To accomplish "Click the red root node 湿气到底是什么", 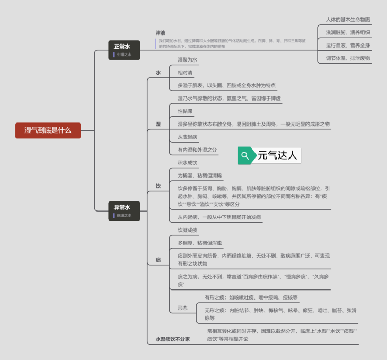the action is pyautogui.click(x=48, y=130).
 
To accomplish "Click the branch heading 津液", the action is pyautogui.click(x=161, y=33).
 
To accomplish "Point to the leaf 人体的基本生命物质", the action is pyautogui.click(x=348, y=20).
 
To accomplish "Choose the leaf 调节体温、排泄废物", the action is pyautogui.click(x=348, y=58).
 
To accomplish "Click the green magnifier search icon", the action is pyautogui.click(x=245, y=155).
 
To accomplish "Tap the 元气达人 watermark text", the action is pyautogui.click(x=278, y=155).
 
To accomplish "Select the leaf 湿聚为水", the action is pyautogui.click(x=187, y=60).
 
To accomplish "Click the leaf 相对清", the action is pyautogui.click(x=185, y=73).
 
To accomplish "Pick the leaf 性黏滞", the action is pyautogui.click(x=185, y=111).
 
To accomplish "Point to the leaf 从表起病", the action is pyautogui.click(x=187, y=137).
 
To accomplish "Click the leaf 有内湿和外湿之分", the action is pyautogui.click(x=197, y=150).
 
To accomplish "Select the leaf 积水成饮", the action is pyautogui.click(x=187, y=163).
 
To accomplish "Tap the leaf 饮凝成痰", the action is pyautogui.click(x=187, y=230).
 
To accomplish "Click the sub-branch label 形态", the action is pyautogui.click(x=182, y=308).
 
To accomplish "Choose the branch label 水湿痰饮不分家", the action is pyautogui.click(x=172, y=339).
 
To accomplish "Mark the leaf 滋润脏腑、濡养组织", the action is pyautogui.click(x=348, y=32).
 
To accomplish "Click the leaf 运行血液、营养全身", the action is pyautogui.click(x=348, y=46).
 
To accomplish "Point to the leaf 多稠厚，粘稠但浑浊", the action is pyautogui.click(x=200, y=243).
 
